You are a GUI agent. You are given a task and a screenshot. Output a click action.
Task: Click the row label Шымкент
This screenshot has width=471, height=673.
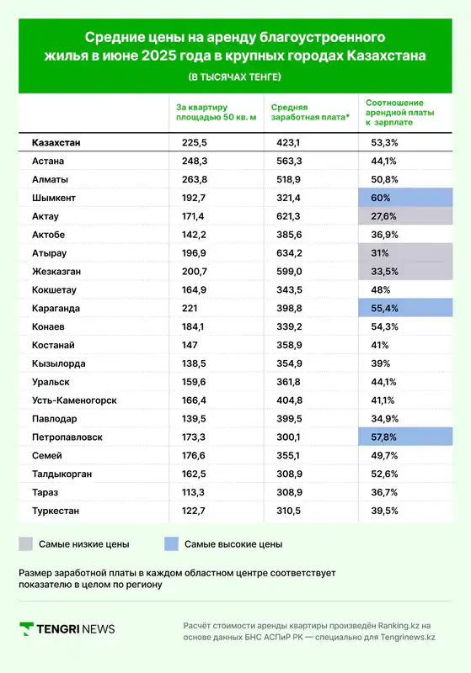[x=54, y=198]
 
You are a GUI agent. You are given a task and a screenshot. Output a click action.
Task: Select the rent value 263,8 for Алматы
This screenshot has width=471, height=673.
[x=195, y=179]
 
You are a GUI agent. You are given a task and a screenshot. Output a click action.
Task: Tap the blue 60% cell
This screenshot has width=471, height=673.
[x=405, y=198]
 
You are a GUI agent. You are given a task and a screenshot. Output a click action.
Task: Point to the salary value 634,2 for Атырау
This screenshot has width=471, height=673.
[x=289, y=253]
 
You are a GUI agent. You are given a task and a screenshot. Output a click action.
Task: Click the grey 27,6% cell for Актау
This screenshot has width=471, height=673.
[x=405, y=216]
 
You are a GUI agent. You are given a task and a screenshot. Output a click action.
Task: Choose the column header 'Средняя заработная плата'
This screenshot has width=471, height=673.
[x=310, y=113]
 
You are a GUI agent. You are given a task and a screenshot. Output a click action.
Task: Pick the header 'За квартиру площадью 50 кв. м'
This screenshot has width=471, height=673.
[x=217, y=113]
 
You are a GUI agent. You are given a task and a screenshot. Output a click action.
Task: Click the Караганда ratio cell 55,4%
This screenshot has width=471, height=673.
[x=405, y=308]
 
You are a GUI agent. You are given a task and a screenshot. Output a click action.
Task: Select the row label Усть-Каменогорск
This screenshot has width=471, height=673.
[x=74, y=400]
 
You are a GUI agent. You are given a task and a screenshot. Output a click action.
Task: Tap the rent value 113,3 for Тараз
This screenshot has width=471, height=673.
[x=194, y=492]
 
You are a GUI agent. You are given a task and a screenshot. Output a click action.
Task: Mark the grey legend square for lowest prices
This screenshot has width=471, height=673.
[x=26, y=543]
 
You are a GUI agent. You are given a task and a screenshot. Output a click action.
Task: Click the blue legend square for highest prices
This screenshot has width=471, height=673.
[x=172, y=543]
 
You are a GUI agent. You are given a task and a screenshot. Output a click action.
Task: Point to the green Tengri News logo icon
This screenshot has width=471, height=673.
[x=27, y=628]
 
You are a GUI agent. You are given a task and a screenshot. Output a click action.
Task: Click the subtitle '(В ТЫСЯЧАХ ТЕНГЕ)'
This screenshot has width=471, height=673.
[x=235, y=77]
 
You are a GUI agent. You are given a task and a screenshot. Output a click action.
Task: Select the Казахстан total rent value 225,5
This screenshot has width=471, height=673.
[x=195, y=142]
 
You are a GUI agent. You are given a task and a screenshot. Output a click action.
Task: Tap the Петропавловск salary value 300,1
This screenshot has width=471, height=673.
[x=288, y=437]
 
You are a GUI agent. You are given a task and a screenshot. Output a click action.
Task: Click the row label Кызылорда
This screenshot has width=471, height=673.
[x=58, y=363]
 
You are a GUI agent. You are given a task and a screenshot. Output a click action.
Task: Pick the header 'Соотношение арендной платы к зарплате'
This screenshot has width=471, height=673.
[x=399, y=113]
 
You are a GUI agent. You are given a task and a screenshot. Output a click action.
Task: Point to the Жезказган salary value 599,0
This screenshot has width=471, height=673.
[x=289, y=272]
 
